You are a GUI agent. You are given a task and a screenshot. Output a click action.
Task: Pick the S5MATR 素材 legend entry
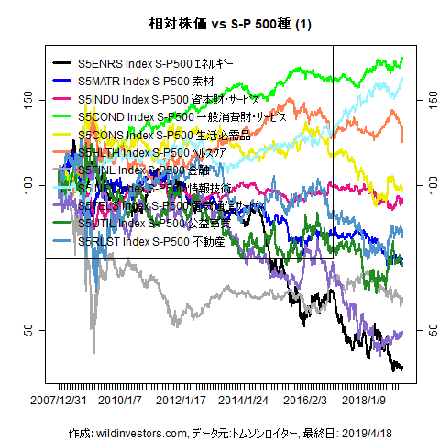(x=138, y=82)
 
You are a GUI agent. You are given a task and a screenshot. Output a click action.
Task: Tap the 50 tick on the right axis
(x=423, y=329)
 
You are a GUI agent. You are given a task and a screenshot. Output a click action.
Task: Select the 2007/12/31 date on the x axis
(x=59, y=401)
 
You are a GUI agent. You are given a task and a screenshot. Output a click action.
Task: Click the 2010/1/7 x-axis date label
(x=120, y=401)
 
